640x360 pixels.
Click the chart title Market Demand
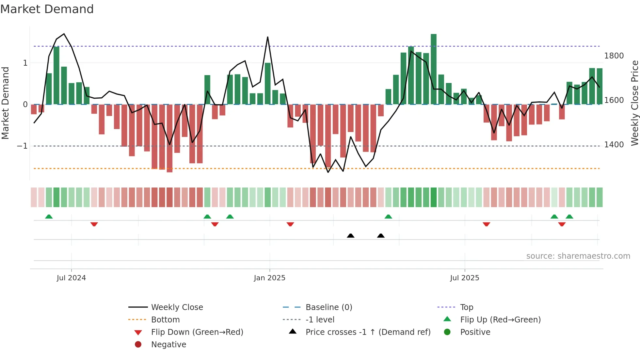click(x=47, y=9)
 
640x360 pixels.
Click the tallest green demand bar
click(x=433, y=69)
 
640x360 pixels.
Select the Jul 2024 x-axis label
click(x=71, y=278)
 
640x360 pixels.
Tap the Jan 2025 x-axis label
click(x=269, y=278)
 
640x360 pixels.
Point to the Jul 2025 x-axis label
click(x=464, y=278)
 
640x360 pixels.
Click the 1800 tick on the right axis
click(x=614, y=56)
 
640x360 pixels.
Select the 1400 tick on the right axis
click(x=614, y=145)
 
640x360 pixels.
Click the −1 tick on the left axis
click(x=22, y=146)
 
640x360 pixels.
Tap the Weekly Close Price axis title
click(x=634, y=103)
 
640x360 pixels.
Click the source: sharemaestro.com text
click(x=578, y=256)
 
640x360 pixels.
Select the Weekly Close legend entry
click(x=177, y=307)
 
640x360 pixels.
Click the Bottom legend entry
click(x=165, y=320)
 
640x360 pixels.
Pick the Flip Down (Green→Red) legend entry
click(x=197, y=332)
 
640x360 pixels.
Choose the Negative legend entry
click(x=168, y=345)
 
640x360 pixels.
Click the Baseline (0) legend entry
click(x=328, y=307)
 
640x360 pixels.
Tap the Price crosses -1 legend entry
click(x=368, y=332)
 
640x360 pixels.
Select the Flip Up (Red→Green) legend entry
click(x=500, y=320)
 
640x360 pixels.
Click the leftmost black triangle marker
click(x=350, y=236)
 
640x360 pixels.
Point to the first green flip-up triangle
click(x=49, y=217)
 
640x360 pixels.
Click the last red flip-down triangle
click(x=562, y=224)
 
